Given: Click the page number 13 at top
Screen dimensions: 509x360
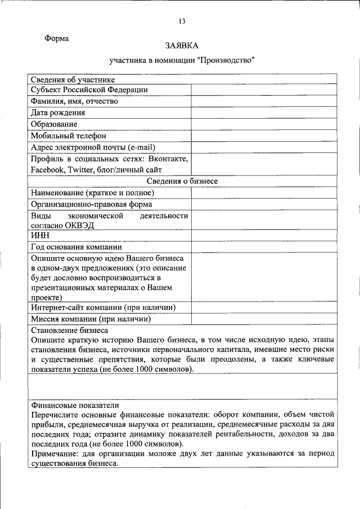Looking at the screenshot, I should click(182, 21).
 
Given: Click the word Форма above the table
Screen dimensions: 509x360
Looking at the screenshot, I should click(56, 39).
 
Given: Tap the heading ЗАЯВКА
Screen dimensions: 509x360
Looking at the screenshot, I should click(182, 45).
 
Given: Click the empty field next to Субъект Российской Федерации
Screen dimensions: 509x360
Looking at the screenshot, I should click(264, 90).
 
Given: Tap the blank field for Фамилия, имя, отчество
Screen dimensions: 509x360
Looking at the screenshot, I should click(264, 101).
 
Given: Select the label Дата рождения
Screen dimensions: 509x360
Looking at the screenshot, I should click(58, 112).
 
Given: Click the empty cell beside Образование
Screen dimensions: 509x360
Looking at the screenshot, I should click(264, 124).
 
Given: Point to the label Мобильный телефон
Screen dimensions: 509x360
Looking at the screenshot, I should click(68, 136).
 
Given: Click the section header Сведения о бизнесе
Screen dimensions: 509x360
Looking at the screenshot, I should click(182, 181).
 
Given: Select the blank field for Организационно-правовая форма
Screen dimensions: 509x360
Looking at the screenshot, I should click(264, 204).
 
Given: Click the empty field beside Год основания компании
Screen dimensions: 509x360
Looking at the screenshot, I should click(264, 247).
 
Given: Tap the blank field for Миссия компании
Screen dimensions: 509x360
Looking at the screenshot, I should click(264, 319).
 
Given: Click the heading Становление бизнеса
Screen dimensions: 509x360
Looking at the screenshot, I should click(69, 330).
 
